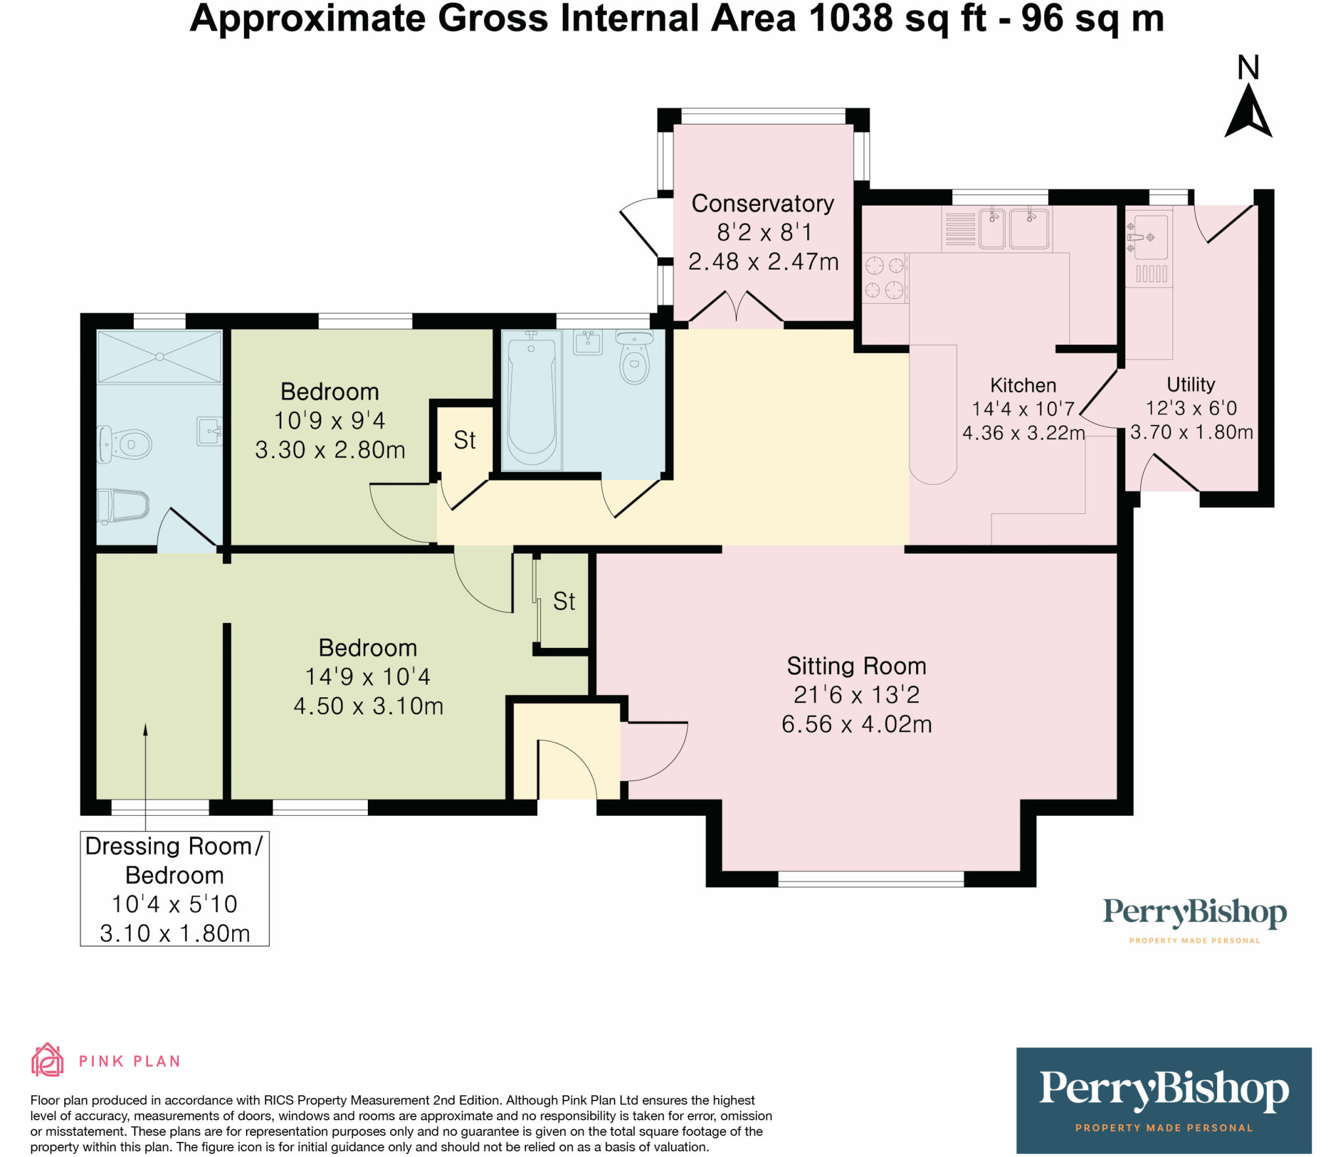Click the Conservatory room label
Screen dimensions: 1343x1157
(x=763, y=204)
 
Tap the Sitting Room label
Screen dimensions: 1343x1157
(x=856, y=666)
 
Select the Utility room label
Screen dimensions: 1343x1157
(x=1191, y=384)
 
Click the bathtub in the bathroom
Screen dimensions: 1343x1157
(x=531, y=400)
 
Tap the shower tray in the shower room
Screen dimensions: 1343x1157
(x=159, y=357)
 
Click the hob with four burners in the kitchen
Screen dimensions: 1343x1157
(x=885, y=278)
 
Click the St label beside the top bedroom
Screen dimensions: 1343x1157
(x=464, y=440)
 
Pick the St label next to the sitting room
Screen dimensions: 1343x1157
(x=564, y=601)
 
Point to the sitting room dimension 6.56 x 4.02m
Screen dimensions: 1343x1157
(x=856, y=724)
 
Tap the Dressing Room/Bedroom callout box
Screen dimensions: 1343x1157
(x=174, y=889)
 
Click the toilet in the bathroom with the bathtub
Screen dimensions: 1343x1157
(x=633, y=357)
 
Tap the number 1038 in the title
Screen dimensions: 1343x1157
(x=851, y=18)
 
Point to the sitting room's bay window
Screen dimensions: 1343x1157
(x=871, y=879)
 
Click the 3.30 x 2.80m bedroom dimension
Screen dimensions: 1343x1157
(x=330, y=450)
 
